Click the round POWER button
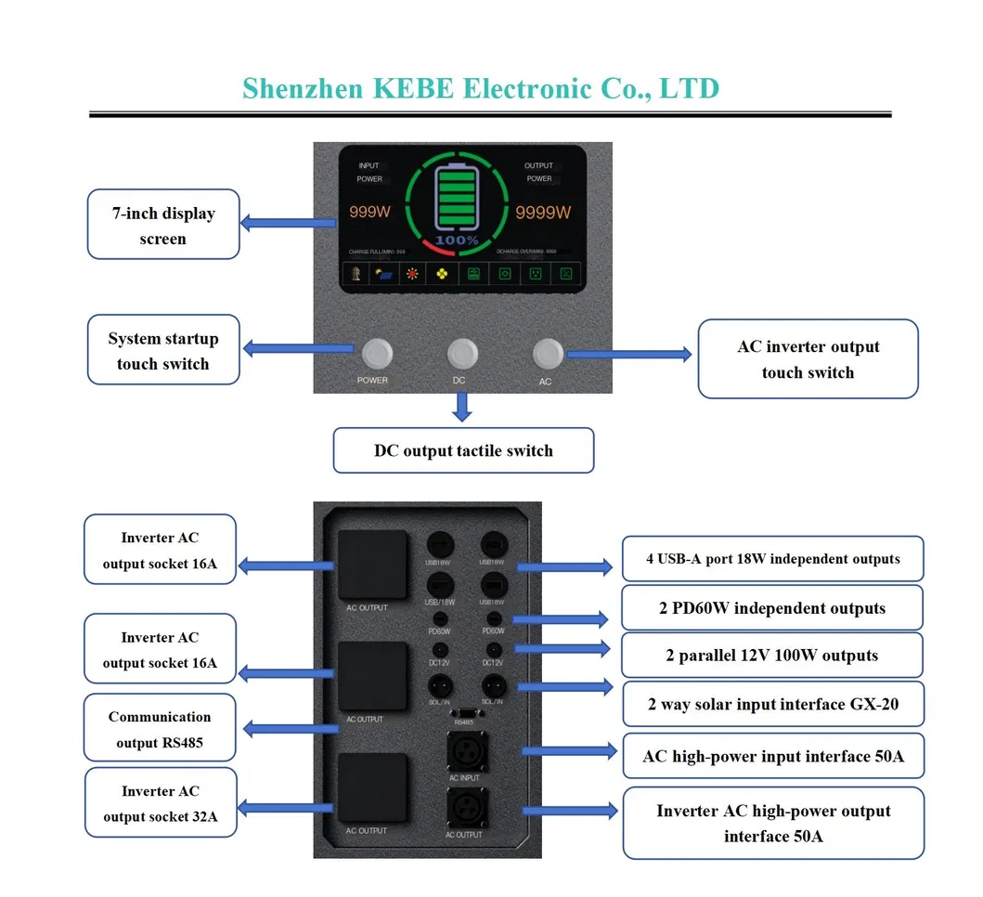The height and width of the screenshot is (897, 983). (376, 353)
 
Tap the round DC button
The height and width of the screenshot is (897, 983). (462, 353)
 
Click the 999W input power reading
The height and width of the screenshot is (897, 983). (369, 213)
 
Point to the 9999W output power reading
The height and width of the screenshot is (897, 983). (543, 213)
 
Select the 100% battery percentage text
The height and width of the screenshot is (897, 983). (457, 240)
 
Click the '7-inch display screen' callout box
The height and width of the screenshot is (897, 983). (163, 225)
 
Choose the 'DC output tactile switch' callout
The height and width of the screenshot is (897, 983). (463, 450)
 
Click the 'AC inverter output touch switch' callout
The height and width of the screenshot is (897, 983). (808, 359)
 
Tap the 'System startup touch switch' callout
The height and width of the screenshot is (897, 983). (163, 351)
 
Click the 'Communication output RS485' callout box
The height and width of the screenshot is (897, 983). (160, 729)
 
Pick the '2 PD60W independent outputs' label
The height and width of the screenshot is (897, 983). (771, 608)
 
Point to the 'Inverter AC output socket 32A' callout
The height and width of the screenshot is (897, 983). (161, 804)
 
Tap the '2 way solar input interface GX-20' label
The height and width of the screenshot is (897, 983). (772, 704)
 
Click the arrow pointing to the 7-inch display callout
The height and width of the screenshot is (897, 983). (288, 223)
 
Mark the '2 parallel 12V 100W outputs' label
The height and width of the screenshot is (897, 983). (771, 656)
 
